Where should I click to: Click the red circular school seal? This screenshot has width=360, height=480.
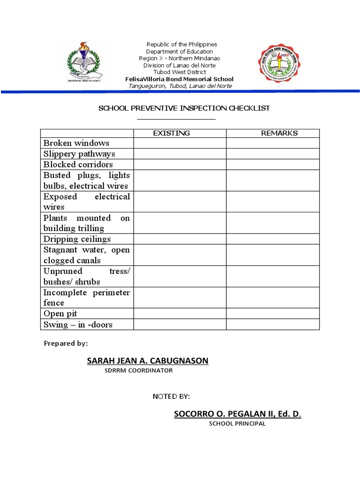click(x=280, y=63)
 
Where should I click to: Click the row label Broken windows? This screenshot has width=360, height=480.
click(x=76, y=143)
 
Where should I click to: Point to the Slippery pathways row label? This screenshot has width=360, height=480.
click(x=79, y=154)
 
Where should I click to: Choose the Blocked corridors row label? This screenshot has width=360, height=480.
click(x=78, y=165)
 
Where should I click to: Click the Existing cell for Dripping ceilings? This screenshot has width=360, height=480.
click(x=180, y=239)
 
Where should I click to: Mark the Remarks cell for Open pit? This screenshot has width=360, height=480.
click(x=273, y=314)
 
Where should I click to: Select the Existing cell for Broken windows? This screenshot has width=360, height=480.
click(x=180, y=143)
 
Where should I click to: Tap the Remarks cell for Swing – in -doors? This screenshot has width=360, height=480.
click(x=273, y=324)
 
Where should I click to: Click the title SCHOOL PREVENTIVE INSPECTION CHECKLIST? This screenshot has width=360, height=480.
click(x=184, y=108)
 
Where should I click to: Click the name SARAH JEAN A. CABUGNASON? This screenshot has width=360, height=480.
click(x=148, y=360)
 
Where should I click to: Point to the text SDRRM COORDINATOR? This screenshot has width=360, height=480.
click(x=139, y=370)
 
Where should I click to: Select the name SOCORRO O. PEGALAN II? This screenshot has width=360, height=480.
click(x=238, y=414)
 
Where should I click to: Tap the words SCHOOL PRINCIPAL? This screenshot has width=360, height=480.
click(x=237, y=424)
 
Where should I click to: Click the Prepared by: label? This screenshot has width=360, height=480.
click(x=66, y=344)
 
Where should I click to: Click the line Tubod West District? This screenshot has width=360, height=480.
click(x=180, y=72)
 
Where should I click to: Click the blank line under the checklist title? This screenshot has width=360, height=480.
click(x=176, y=119)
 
